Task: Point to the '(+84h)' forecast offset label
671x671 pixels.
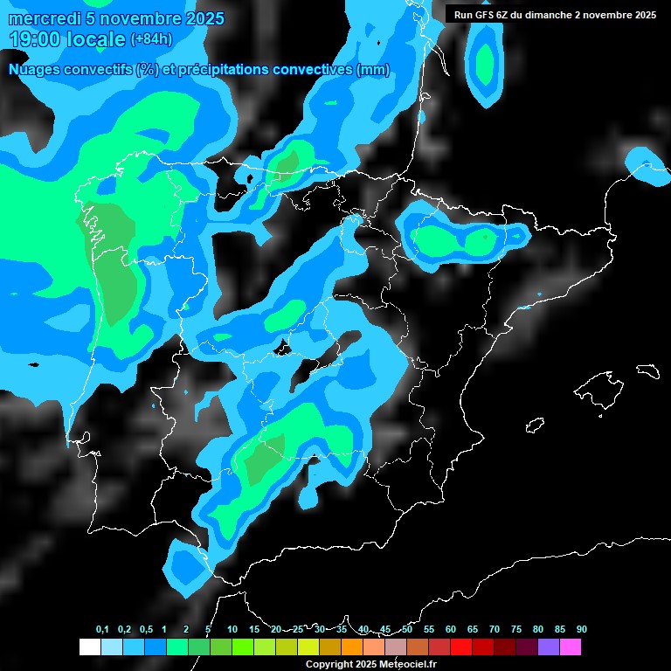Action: pyautogui.click(x=151, y=39)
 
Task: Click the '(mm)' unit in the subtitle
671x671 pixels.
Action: pyautogui.click(x=373, y=70)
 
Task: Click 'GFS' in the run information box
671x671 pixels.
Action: pyautogui.click(x=485, y=15)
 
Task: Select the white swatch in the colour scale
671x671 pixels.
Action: pyautogui.click(x=89, y=647)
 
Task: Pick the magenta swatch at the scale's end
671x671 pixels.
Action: pyautogui.click(x=570, y=647)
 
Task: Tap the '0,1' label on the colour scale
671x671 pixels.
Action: pyautogui.click(x=102, y=629)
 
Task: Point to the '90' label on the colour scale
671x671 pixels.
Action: pyautogui.click(x=581, y=629)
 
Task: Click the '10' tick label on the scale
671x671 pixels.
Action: pyautogui.click(x=232, y=629)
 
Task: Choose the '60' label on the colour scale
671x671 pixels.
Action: pyautogui.click(x=451, y=629)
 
